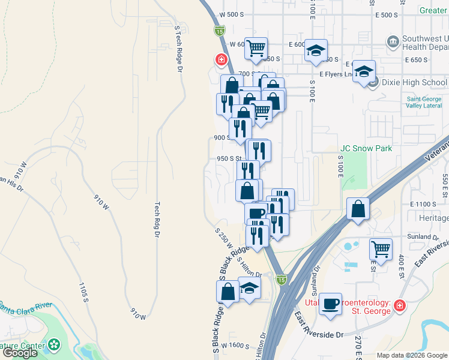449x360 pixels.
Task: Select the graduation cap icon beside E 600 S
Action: tap(316, 51)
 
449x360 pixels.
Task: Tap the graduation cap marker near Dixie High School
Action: tap(363, 73)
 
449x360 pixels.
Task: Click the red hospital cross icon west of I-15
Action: tap(221, 60)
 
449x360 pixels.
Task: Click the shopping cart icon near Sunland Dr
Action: tap(381, 248)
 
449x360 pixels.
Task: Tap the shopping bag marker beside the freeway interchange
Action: tap(358, 209)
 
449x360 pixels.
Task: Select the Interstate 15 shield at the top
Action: tap(220, 30)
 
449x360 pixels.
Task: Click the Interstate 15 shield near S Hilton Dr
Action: tap(282, 279)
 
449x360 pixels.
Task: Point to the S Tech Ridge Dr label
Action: tap(178, 49)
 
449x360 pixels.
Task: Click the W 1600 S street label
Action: tap(235, 346)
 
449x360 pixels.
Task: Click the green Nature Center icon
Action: tap(55, 345)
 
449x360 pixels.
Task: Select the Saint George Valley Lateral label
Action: tap(424, 103)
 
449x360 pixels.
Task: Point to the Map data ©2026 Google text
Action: tap(411, 355)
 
